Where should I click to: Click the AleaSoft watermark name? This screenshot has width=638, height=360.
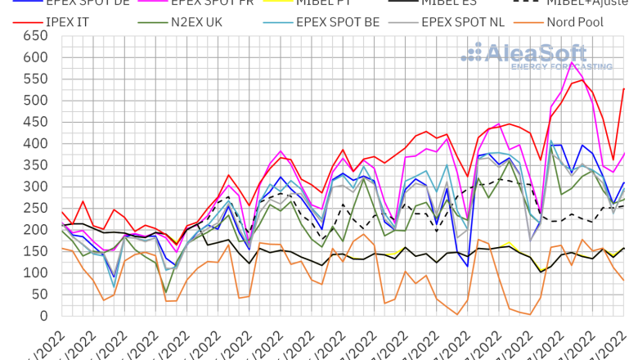click(536, 53)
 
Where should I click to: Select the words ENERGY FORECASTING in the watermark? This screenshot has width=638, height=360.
click(549, 66)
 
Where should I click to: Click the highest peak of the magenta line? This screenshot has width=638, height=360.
click(572, 61)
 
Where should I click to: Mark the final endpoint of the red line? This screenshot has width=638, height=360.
click(624, 88)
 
